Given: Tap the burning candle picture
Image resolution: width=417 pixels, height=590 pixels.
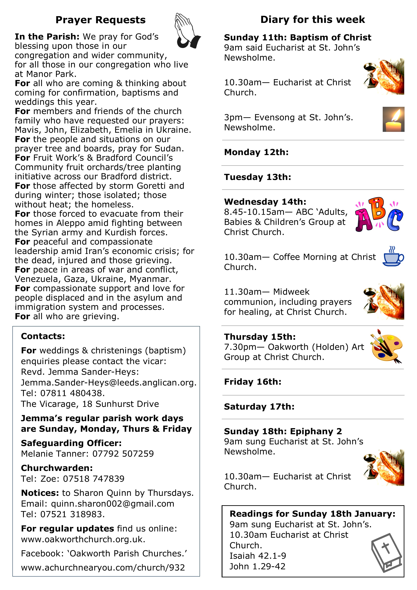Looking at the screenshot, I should coord(393,119).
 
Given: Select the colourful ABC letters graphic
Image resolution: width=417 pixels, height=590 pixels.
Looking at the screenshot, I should coord(379,215).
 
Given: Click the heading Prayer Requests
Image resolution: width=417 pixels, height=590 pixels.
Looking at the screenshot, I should coord(100,20).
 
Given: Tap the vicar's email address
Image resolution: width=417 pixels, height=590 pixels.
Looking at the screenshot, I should coord(108,383).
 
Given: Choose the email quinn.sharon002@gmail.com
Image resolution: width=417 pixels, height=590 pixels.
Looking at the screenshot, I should coord(112,504).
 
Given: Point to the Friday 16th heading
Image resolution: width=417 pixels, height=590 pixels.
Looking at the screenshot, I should coord(253,382).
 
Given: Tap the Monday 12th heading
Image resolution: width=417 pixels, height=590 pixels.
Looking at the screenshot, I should coord(256,152).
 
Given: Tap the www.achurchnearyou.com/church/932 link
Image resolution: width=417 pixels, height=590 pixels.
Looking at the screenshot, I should coord(103,567).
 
